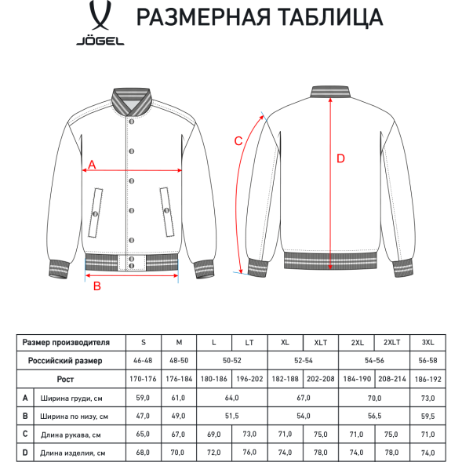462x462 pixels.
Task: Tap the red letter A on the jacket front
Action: [x=92, y=165]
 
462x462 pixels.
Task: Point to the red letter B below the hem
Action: [x=96, y=286]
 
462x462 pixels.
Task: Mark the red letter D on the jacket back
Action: [x=340, y=158]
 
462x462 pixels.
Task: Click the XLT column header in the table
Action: [x=320, y=342]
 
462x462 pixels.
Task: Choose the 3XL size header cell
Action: [x=428, y=342]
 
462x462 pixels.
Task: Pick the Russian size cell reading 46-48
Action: [x=143, y=361]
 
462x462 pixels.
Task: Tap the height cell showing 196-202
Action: [x=249, y=379]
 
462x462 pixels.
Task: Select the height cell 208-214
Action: [x=392, y=379]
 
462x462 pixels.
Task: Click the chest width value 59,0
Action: [x=143, y=398]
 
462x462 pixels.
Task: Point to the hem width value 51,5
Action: [x=231, y=416]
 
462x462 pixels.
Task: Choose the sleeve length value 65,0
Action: [x=143, y=434]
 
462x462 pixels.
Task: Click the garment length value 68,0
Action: [x=143, y=453]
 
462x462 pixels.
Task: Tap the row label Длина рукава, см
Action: [x=71, y=434]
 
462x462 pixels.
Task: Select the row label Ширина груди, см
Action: [x=71, y=398]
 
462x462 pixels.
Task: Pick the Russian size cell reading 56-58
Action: [x=428, y=361]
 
